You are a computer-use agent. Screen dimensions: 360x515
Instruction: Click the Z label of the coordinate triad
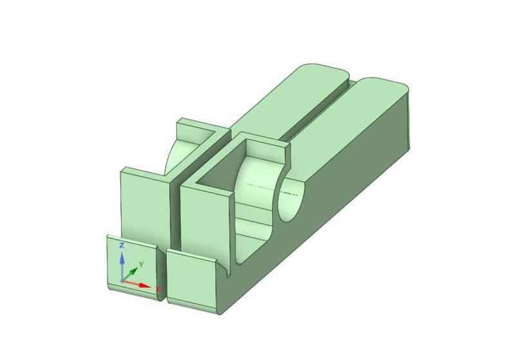122,246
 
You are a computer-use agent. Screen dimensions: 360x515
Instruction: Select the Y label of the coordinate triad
141,264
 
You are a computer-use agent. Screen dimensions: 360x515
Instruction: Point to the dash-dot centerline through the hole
257,186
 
